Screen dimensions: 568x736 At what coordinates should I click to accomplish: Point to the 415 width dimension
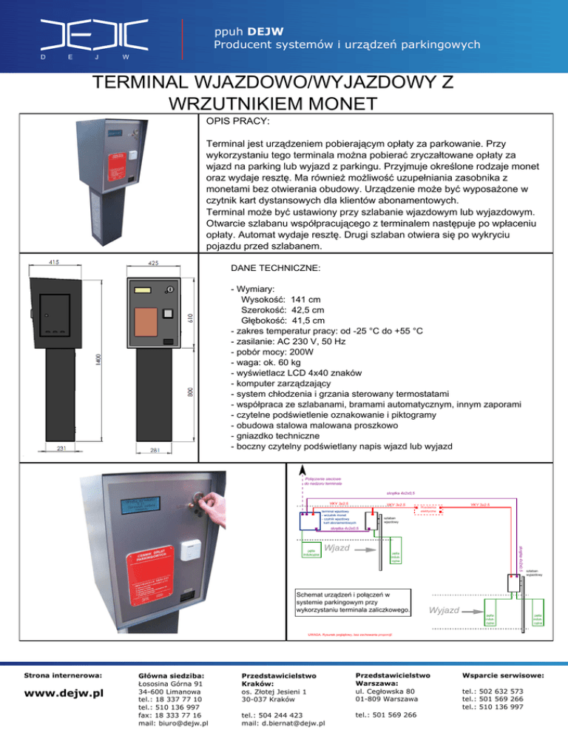56,262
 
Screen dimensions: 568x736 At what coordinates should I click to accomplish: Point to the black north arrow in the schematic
302,471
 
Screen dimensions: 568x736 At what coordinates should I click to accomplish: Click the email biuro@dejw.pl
169,723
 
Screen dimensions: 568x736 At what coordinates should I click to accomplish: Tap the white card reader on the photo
192,549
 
